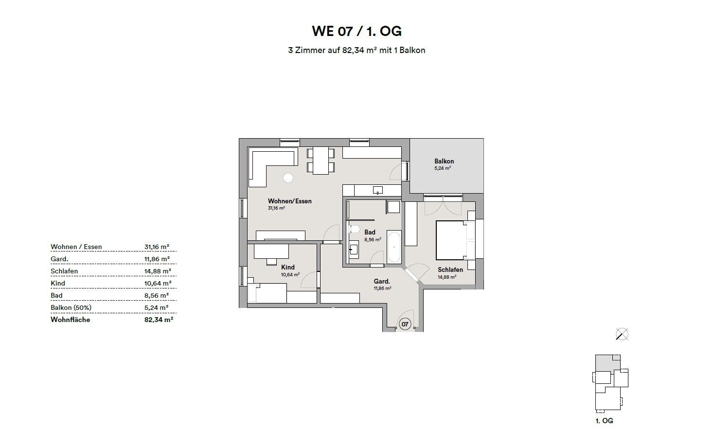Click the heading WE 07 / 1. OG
[x=357, y=31]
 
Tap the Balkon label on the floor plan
[x=444, y=161]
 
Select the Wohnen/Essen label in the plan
[x=289, y=201]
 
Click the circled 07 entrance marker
[x=404, y=323]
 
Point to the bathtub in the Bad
[x=394, y=247]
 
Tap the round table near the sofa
[x=288, y=178]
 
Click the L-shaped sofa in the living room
[x=263, y=165]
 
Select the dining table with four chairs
[x=321, y=161]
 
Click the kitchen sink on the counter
[x=377, y=190]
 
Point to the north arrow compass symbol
[x=622, y=334]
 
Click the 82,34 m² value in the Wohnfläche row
[x=159, y=320]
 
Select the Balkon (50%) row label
[x=71, y=307]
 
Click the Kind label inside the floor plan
[x=287, y=267]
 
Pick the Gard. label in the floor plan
[x=381, y=281]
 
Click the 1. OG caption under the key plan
[x=604, y=421]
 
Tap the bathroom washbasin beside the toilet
[x=354, y=249]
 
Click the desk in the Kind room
[x=271, y=251]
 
